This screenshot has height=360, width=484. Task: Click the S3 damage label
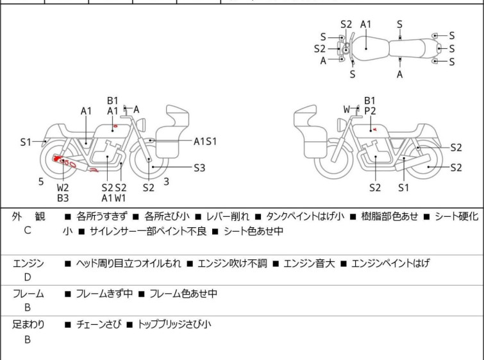199,168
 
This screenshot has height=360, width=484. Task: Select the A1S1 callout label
205,141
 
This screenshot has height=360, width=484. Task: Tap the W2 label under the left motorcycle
63,187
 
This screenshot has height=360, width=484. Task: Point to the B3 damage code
63,198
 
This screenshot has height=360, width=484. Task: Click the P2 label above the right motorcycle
370,111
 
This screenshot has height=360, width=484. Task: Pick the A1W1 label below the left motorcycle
113,198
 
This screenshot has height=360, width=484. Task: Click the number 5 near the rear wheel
41,182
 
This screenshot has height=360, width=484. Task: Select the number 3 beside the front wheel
166,182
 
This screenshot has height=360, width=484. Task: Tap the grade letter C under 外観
28,230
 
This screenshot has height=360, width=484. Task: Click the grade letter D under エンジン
28,277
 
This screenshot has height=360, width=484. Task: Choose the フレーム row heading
28,294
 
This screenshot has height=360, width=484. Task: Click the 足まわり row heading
28,325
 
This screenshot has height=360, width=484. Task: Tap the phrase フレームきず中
104,294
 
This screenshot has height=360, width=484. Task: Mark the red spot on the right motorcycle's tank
374,130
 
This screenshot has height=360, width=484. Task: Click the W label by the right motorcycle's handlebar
347,110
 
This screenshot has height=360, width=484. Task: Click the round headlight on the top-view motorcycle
346,49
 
